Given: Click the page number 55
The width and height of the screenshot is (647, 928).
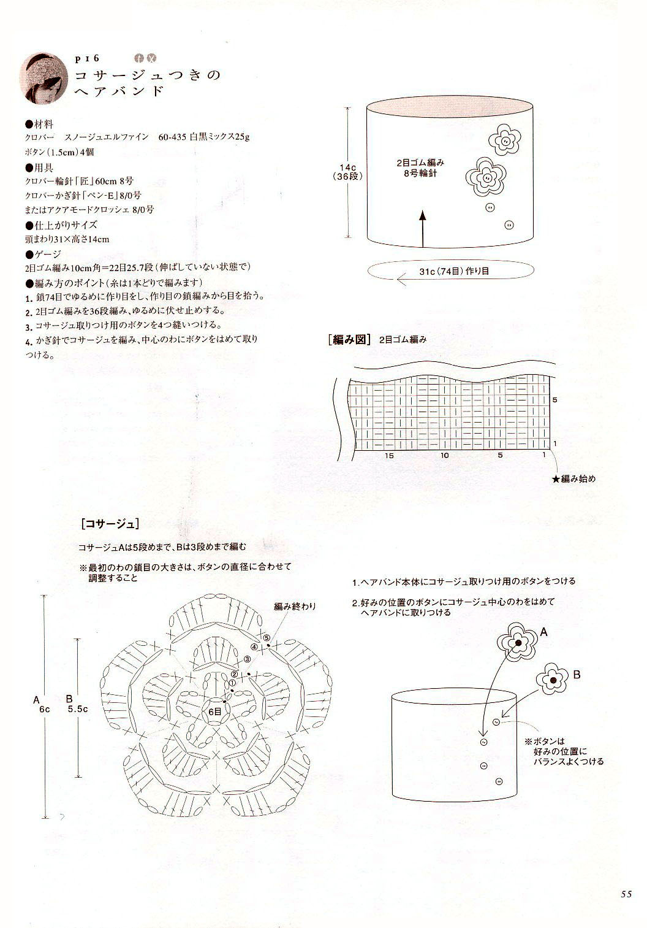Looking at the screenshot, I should click(626, 894).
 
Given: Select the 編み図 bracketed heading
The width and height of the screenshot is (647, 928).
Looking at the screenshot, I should click(349, 339).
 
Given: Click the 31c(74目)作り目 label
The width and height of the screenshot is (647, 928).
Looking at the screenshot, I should click(454, 270).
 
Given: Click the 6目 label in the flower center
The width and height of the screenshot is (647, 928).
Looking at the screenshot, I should click(215, 711).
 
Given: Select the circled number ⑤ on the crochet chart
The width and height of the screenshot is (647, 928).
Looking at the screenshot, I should click(267, 638).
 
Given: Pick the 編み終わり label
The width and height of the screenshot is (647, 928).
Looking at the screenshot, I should click(295, 607).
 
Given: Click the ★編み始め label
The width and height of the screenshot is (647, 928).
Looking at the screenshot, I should click(573, 478).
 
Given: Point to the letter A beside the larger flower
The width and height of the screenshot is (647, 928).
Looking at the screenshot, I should click(543, 632).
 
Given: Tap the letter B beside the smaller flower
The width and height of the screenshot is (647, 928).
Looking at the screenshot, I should click(577, 675).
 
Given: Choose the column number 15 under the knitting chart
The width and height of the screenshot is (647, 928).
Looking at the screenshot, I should click(388, 455).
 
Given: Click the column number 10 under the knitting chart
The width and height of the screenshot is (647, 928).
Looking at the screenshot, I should click(445, 455).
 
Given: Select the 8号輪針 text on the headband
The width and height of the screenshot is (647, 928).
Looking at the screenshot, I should click(420, 173).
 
